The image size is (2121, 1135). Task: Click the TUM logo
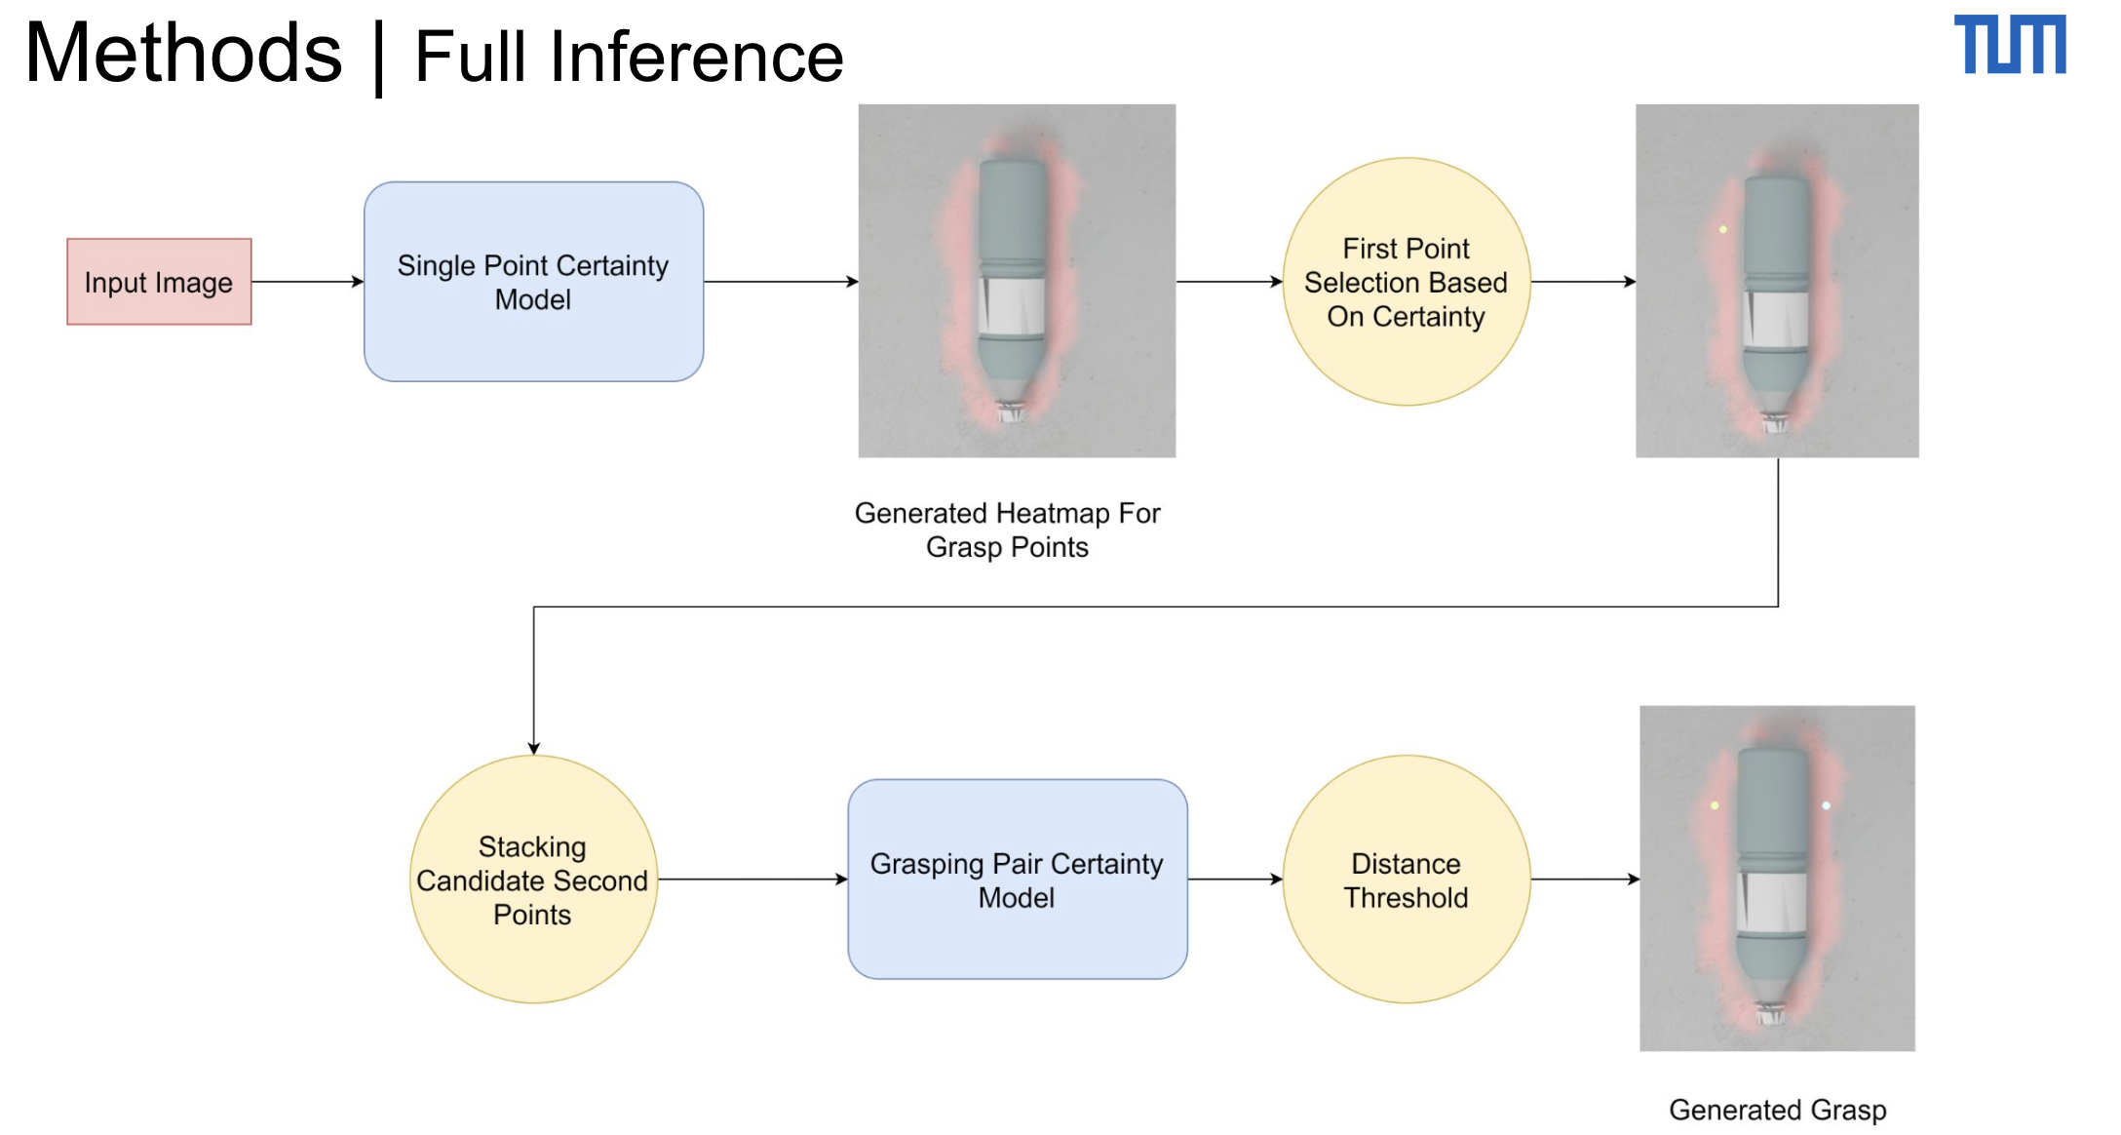2009,44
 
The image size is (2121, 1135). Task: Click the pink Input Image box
159,282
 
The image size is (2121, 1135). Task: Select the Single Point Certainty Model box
533,282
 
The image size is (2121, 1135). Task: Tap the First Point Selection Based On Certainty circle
1406,282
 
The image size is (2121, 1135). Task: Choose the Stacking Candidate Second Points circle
533,880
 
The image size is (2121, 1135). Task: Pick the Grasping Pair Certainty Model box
1017,880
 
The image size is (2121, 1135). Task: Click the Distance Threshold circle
1406,880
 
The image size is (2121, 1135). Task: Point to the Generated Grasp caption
1777,1110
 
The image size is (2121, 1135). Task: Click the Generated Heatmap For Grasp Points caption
1007,529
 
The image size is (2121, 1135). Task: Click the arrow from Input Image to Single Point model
307,282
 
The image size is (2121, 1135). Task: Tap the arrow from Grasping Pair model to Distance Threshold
1234,880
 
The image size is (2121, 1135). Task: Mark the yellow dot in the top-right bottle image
1723,230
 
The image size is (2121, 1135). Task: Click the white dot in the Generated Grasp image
1826,805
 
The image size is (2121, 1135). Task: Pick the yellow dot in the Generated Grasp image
1715,805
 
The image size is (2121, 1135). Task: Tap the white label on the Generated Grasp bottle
1773,902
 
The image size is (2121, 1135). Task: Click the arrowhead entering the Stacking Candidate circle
533,748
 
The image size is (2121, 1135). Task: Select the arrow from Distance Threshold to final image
1584,880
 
